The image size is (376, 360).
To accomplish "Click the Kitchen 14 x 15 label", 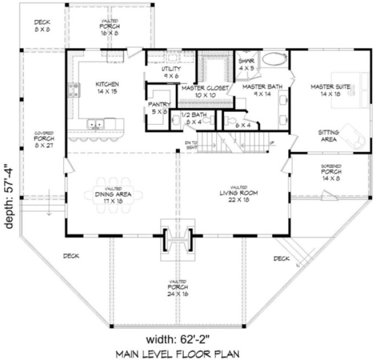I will click(107, 88).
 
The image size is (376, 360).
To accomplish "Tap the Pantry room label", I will click(159, 108).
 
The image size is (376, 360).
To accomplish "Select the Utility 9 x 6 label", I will click(171, 73).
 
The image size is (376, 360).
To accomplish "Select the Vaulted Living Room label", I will click(238, 193).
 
